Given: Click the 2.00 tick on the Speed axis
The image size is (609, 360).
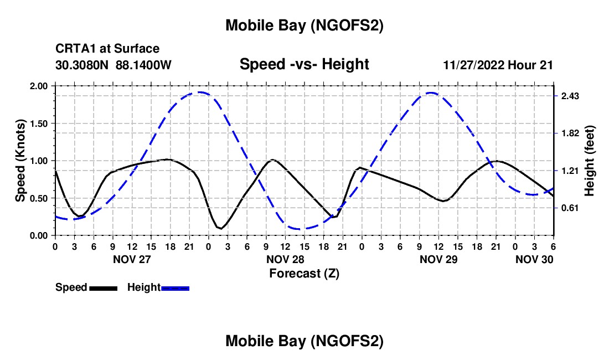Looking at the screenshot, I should [x=39, y=86].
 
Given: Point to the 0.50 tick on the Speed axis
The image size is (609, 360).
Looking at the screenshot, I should [x=39, y=198].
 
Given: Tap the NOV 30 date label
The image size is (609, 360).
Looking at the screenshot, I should [x=535, y=259].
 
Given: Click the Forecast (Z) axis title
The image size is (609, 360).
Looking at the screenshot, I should [x=304, y=273].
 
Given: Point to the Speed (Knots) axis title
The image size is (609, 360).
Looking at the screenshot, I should [x=20, y=161].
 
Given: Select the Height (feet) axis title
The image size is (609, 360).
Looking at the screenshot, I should [x=590, y=161].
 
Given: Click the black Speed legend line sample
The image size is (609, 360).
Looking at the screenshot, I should [x=103, y=288].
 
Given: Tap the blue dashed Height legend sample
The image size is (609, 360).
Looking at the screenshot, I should [x=176, y=288].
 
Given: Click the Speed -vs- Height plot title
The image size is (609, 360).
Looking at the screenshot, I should [x=304, y=64].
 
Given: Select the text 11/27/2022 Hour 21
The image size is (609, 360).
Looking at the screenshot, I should [x=498, y=65].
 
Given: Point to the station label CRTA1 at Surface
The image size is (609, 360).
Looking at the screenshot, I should [x=107, y=49].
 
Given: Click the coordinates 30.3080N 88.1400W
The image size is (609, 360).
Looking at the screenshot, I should [x=113, y=65].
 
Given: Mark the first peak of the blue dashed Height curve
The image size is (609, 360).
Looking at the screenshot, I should [x=199, y=92].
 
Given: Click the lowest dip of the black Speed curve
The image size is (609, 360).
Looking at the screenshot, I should [x=221, y=228].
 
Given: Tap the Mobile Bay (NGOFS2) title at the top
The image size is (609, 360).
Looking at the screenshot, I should [x=304, y=25].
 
